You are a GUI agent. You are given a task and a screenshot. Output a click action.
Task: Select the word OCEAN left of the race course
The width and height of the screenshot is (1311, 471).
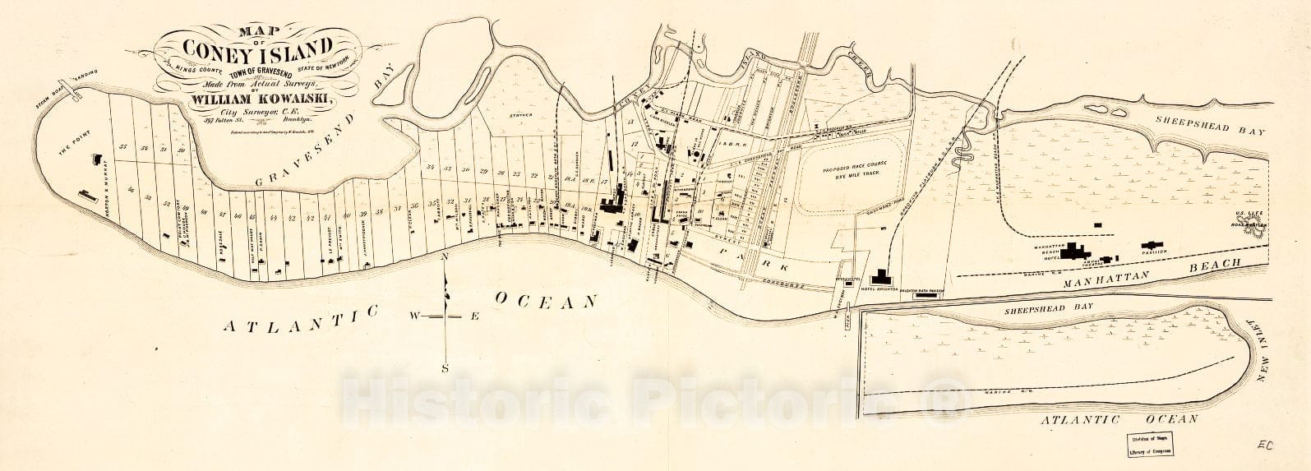click(x=545, y=301)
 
